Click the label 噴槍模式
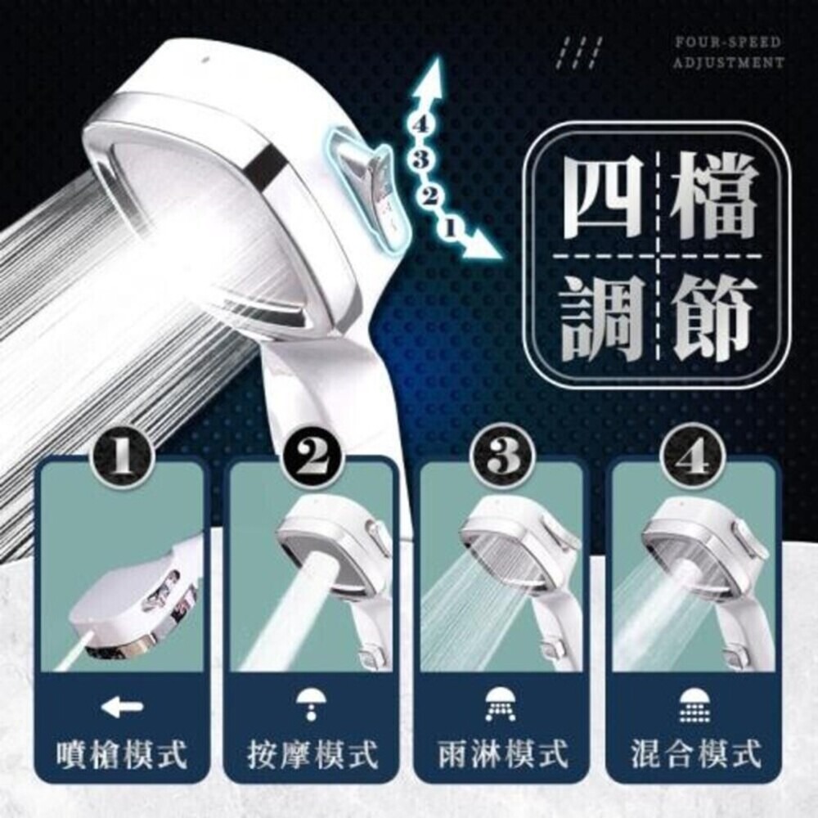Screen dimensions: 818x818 (x=122, y=753)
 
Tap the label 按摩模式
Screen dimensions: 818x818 (x=312, y=753)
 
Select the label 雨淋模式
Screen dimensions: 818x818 (x=501, y=753)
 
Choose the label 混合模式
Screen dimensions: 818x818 (x=692, y=753)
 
